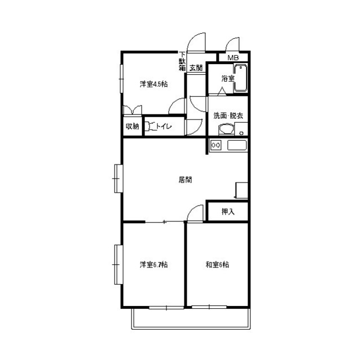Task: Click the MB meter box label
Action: [233, 58]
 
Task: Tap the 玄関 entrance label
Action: [196, 68]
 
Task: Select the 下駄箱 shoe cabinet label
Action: [182, 61]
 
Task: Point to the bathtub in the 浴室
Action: [241, 78]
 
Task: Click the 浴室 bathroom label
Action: [228, 79]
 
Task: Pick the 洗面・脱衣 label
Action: [228, 115]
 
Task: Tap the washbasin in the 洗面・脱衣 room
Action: [226, 130]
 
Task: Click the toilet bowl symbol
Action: [150, 127]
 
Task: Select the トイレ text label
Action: [164, 126]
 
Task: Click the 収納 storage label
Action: [133, 126]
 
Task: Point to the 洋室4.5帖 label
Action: [153, 84]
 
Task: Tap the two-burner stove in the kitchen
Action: [216, 145]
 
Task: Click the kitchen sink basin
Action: [237, 145]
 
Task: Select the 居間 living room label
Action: [185, 180]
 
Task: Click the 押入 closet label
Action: [228, 211]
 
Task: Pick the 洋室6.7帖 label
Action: [153, 265]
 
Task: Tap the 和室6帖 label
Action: [217, 265]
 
